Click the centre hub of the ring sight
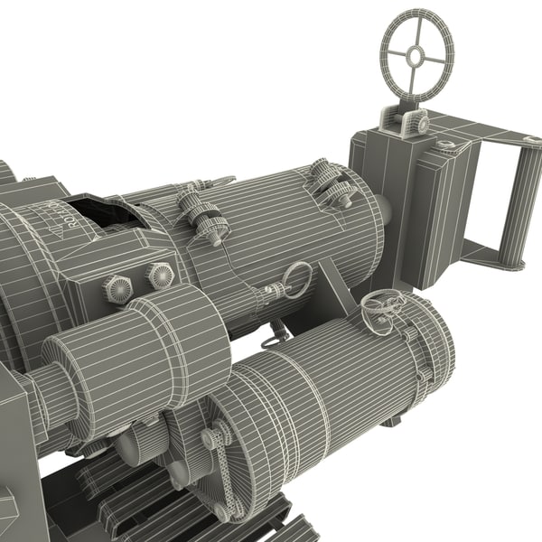pyautogui.click(x=415, y=55)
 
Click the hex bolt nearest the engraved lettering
pyautogui.click(x=119, y=289)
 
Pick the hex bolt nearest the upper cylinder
pyautogui.click(x=160, y=275)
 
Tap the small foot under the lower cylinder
pyautogui.click(x=389, y=421)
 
